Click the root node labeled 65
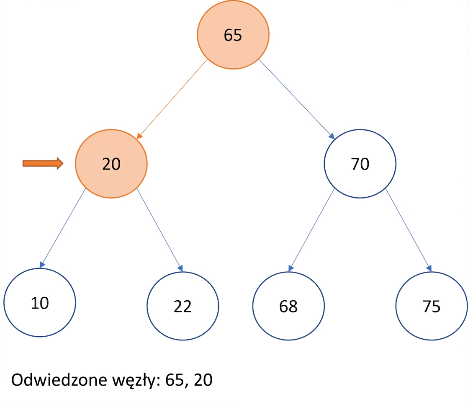(233, 35)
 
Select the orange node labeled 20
(111, 164)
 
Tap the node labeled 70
(360, 164)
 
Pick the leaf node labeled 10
(40, 302)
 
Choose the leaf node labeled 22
(183, 306)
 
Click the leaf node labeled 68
(288, 306)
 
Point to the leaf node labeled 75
(432, 306)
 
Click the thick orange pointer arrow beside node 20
(43, 163)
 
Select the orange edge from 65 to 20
(172, 99)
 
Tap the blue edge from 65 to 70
(296, 99)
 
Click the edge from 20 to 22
(159, 230)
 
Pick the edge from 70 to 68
(311, 230)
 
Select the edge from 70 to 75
(409, 230)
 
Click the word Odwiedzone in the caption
(59, 380)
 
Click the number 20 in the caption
(203, 380)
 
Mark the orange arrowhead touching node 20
(139, 136)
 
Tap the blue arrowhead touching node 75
(429, 268)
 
